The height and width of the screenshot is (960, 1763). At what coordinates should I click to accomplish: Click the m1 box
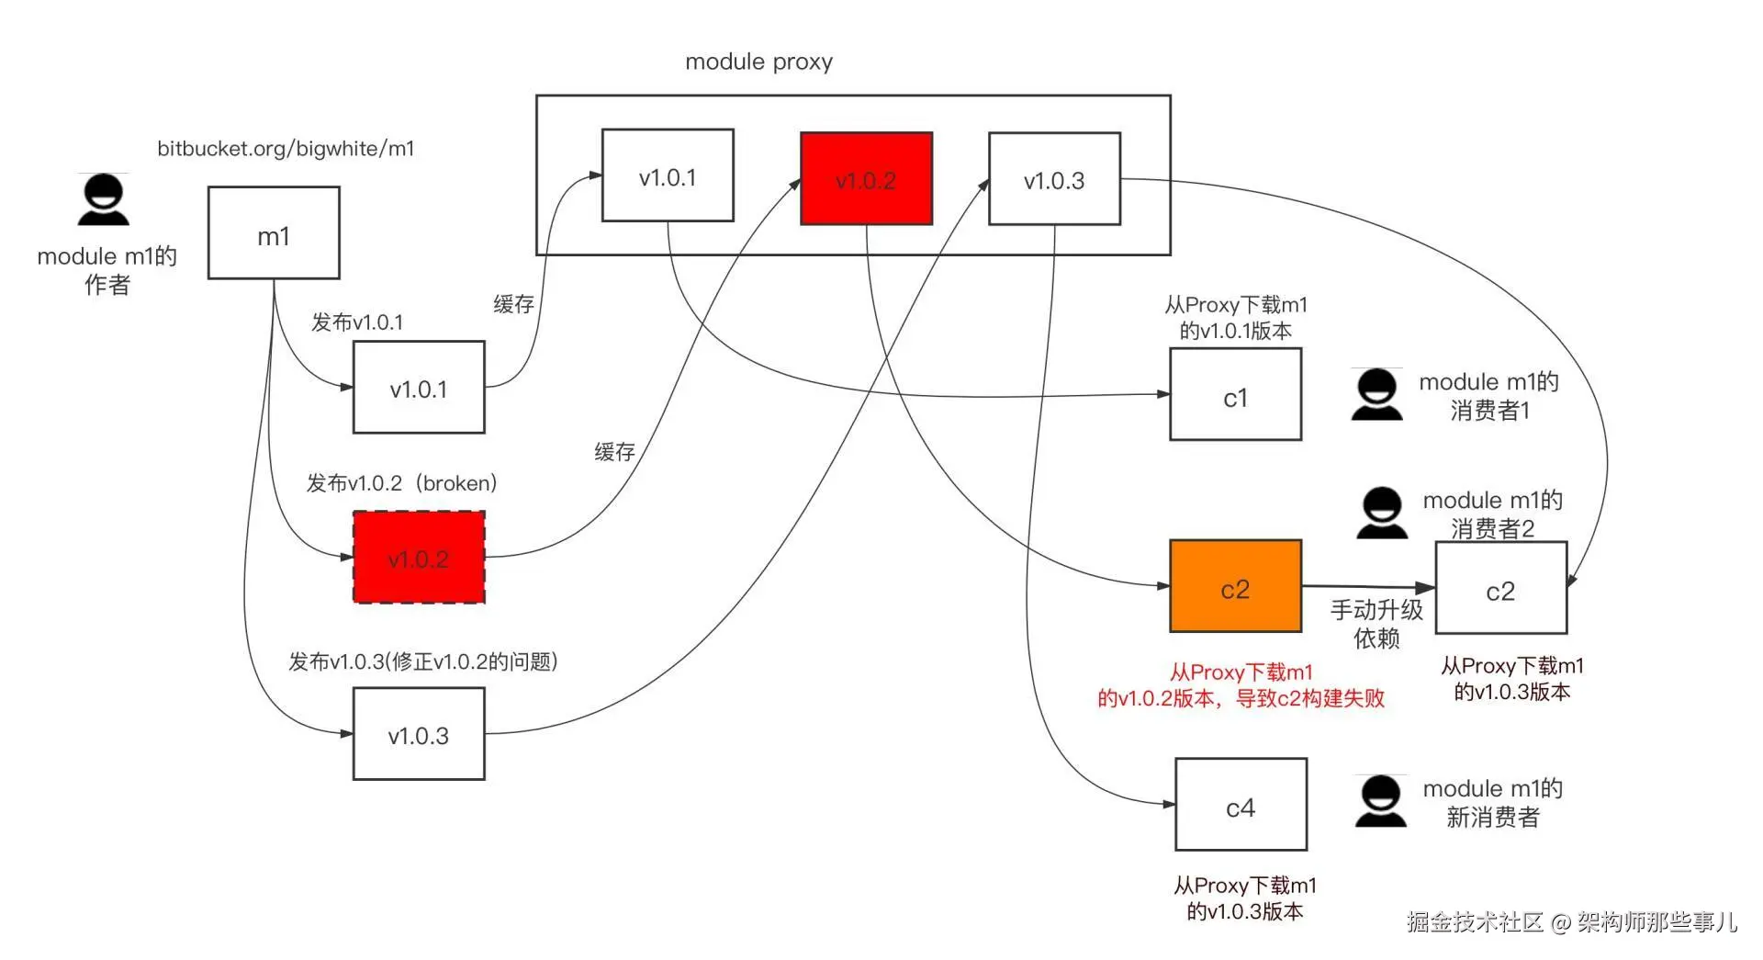coord(274,232)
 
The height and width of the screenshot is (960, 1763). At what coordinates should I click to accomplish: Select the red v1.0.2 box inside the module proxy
coord(866,178)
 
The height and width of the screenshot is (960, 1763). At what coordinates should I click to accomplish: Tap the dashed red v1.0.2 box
coord(419,558)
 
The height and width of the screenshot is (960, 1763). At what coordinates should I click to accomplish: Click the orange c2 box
coord(1235,586)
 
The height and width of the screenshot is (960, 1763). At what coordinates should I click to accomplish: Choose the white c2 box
coord(1500,588)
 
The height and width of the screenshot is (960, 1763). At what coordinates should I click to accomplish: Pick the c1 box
coord(1235,394)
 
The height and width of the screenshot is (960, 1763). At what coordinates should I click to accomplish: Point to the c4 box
coord(1241,804)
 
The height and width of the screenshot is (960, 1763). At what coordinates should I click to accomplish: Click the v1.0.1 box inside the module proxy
coord(668,175)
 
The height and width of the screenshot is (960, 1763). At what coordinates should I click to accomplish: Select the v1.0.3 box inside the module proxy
coord(1054,178)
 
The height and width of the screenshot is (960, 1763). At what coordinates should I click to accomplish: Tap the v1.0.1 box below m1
coord(419,387)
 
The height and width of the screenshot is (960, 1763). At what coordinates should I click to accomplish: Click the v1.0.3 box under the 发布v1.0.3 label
coord(419,734)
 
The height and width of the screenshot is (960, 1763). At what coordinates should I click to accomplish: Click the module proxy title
coord(758,62)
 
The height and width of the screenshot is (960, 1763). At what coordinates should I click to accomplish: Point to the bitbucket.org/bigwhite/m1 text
coord(286,148)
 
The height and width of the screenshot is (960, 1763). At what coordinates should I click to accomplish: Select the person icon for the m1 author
coord(103,199)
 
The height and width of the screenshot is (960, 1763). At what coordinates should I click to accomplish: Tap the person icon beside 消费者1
coord(1376,394)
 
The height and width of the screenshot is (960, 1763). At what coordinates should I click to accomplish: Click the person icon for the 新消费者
coord(1380,801)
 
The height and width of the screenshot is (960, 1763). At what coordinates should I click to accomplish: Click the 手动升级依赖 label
coord(1376,624)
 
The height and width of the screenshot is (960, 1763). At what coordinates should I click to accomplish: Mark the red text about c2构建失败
coord(1241,685)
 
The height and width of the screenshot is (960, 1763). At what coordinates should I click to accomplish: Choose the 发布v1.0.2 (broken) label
coord(401,483)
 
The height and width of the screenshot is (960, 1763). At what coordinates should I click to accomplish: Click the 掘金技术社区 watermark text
coord(1475,921)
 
